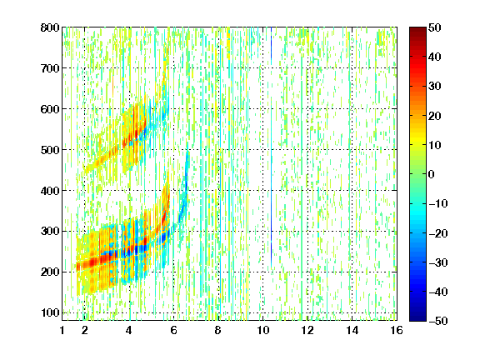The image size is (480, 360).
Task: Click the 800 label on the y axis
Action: [x=50, y=27]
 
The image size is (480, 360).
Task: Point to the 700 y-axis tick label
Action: [x=50, y=68]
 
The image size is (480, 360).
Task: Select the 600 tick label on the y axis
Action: [x=50, y=109]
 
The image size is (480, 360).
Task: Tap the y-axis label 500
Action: [x=50, y=150]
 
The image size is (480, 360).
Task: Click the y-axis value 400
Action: [x=50, y=191]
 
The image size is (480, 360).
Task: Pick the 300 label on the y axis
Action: [x=50, y=231]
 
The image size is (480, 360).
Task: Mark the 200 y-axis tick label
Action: [x=50, y=272]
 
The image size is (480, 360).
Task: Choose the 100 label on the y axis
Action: [x=50, y=312]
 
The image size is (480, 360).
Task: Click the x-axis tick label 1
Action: [x=62, y=331]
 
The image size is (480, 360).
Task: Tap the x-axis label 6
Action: [x=173, y=331]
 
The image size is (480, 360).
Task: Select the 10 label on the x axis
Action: [x=263, y=331]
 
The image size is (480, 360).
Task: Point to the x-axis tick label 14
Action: [x=352, y=331]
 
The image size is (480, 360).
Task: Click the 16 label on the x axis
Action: [x=397, y=331]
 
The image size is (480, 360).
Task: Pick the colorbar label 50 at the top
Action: [x=434, y=27]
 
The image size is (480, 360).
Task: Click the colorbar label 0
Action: [x=432, y=174]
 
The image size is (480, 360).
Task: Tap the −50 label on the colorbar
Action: [x=437, y=321]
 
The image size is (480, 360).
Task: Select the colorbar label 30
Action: [x=434, y=87]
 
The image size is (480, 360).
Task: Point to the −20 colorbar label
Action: [x=437, y=233]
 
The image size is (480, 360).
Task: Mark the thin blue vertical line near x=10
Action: [x=271, y=147]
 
